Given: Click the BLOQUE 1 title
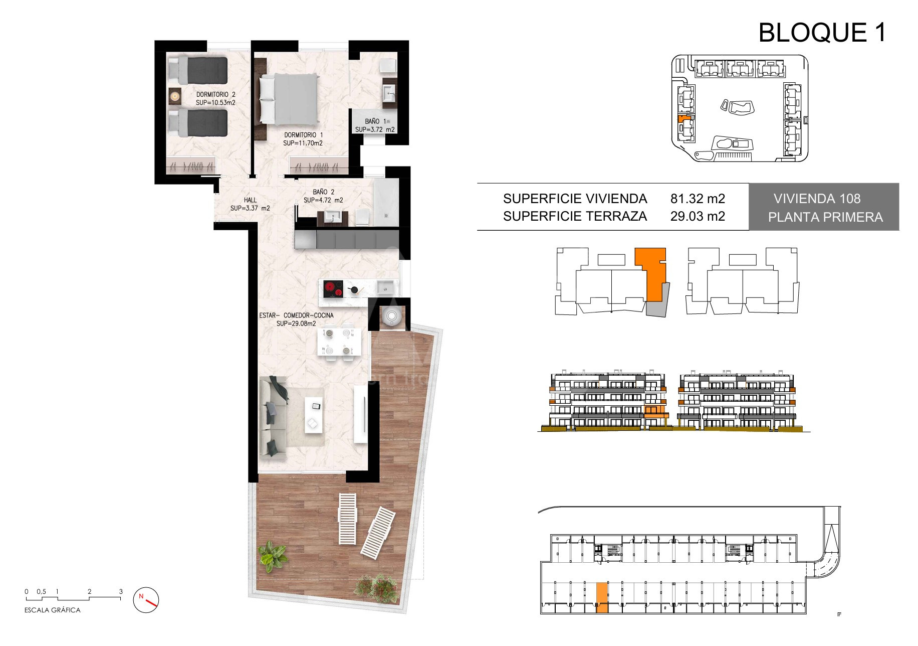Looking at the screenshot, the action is tap(822, 33).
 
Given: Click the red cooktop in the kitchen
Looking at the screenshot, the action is tap(333, 289).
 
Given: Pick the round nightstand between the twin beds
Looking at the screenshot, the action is tap(175, 95).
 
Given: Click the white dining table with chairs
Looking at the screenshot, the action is tap(339, 342).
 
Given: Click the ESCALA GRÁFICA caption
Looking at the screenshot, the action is tap(52, 610).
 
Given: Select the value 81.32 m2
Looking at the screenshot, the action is tap(698, 199).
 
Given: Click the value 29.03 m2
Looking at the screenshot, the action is tap(698, 216).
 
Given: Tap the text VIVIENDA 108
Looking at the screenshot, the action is tap(817, 199).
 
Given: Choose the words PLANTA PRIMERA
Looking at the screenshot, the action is tap(825, 217).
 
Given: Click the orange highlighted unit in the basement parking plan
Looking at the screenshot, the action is tap(602, 597).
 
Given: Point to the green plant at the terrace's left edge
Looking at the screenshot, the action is tap(272, 556).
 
